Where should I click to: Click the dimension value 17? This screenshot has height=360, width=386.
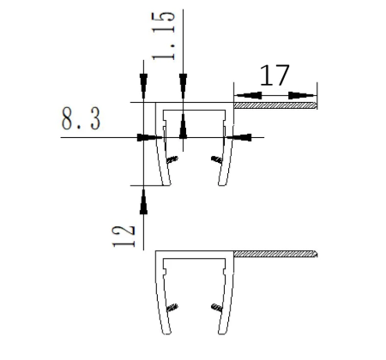pos(274,75)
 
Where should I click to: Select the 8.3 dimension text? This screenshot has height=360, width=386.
pos(81,119)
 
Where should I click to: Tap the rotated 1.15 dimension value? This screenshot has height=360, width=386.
pos(163,36)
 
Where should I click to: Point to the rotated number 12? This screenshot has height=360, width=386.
pos(124,237)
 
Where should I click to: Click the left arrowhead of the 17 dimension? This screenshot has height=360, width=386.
pos(248,95)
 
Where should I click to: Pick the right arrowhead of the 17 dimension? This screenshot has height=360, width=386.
pos(302,95)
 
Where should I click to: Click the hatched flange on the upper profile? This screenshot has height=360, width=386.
pos(275,105)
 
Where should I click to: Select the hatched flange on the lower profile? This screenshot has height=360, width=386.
pos(275,254)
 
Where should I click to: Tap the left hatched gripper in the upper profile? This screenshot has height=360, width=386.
pos(172,159)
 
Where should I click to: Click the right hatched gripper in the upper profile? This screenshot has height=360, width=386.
pos(217,159)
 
